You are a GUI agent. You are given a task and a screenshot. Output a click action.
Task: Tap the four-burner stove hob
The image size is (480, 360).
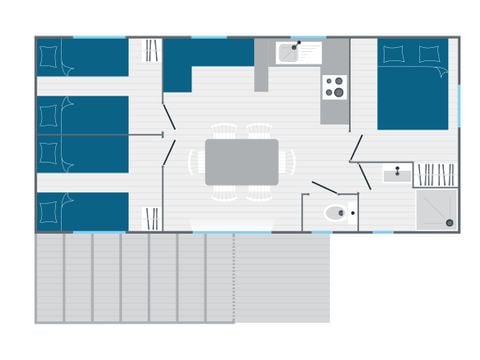click(x=333, y=87)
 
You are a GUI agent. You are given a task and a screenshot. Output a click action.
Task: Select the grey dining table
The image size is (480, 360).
click(x=242, y=161)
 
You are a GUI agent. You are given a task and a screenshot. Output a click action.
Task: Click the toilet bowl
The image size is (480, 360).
click(x=337, y=212)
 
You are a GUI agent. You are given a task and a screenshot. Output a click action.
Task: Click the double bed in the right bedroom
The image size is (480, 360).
click(x=413, y=85)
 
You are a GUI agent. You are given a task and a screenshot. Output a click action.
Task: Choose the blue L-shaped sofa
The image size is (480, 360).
click(x=200, y=60)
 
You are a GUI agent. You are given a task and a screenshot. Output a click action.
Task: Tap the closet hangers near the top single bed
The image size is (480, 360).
click(x=152, y=50)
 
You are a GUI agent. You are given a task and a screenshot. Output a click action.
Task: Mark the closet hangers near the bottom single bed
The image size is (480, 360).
click(x=152, y=218)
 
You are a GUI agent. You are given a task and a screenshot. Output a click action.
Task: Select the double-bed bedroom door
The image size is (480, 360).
click(x=357, y=148)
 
